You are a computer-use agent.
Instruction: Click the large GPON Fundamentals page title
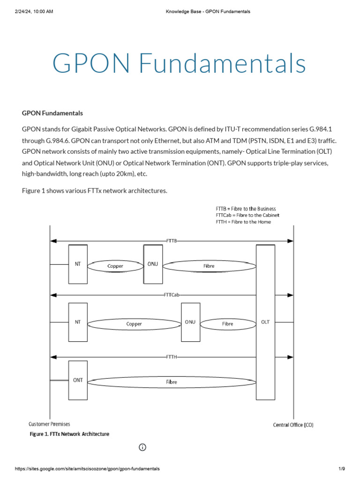[180, 63]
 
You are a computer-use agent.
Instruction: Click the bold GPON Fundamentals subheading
[52, 113]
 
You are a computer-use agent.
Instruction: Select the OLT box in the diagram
[265, 322]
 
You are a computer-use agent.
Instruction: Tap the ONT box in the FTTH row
[78, 380]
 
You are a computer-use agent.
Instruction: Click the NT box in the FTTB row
[78, 264]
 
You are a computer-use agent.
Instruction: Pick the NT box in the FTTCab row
[78, 322]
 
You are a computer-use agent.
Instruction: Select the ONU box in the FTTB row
[153, 264]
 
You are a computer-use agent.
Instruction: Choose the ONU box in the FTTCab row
[190, 322]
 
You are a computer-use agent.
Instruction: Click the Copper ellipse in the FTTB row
[115, 266]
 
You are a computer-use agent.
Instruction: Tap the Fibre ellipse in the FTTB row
[209, 266]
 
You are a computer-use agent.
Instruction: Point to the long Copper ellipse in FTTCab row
[134, 323]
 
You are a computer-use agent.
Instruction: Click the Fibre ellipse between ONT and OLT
[172, 382]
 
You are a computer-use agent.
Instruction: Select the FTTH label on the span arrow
[172, 357]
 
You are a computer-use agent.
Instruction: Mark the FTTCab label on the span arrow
[172, 295]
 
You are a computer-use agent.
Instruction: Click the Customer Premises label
[49, 424]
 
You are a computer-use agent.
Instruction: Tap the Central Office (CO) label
[293, 425]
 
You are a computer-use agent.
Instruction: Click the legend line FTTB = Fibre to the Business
[246, 209]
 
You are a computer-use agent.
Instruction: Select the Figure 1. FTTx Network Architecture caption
[69, 434]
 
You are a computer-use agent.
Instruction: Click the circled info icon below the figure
[142, 447]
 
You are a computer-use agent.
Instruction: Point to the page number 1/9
[342, 469]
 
